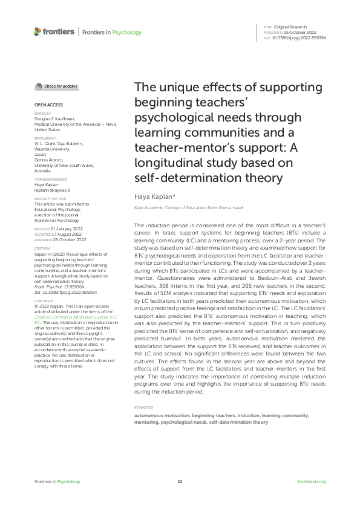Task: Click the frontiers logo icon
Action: coord(38,31)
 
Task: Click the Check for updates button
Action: coord(57,87)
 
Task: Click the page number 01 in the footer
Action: coord(180,481)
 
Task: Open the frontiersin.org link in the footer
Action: coord(312,481)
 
